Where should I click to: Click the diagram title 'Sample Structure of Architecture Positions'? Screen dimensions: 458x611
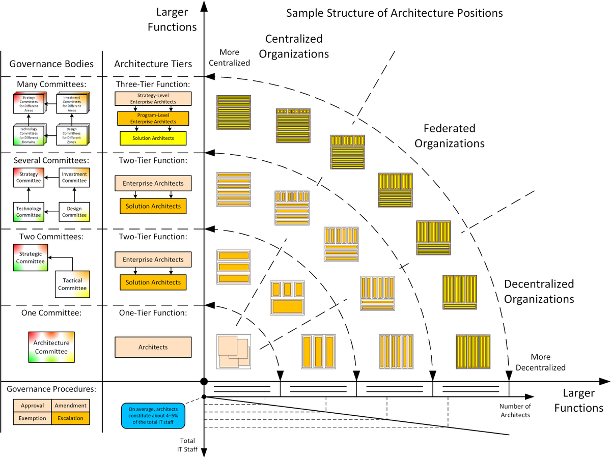click(394, 13)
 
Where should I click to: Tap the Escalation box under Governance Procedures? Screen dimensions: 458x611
click(70, 418)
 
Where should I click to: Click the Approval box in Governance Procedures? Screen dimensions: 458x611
click(32, 406)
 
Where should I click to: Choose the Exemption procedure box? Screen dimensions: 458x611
click(32, 418)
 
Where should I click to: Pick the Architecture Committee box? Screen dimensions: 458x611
click(51, 348)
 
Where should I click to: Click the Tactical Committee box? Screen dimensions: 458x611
click(72, 284)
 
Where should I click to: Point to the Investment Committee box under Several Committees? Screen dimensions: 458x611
click(74, 177)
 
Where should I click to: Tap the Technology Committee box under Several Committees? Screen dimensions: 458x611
click(29, 212)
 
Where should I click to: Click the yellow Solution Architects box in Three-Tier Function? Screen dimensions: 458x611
click(153, 138)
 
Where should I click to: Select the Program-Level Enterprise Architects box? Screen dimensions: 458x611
click(153, 119)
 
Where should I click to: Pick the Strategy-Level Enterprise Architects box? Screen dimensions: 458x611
click(153, 99)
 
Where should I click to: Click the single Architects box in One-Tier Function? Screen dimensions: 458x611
click(153, 347)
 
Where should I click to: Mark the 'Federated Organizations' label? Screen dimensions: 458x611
click(449, 136)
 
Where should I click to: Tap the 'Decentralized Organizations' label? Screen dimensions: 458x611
click(539, 291)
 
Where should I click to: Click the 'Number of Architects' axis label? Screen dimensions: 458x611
click(515, 410)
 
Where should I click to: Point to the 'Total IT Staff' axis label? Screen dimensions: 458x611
click(188, 445)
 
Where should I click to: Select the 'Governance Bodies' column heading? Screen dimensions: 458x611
click(51, 64)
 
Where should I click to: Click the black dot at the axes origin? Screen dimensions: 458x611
click(204, 382)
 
